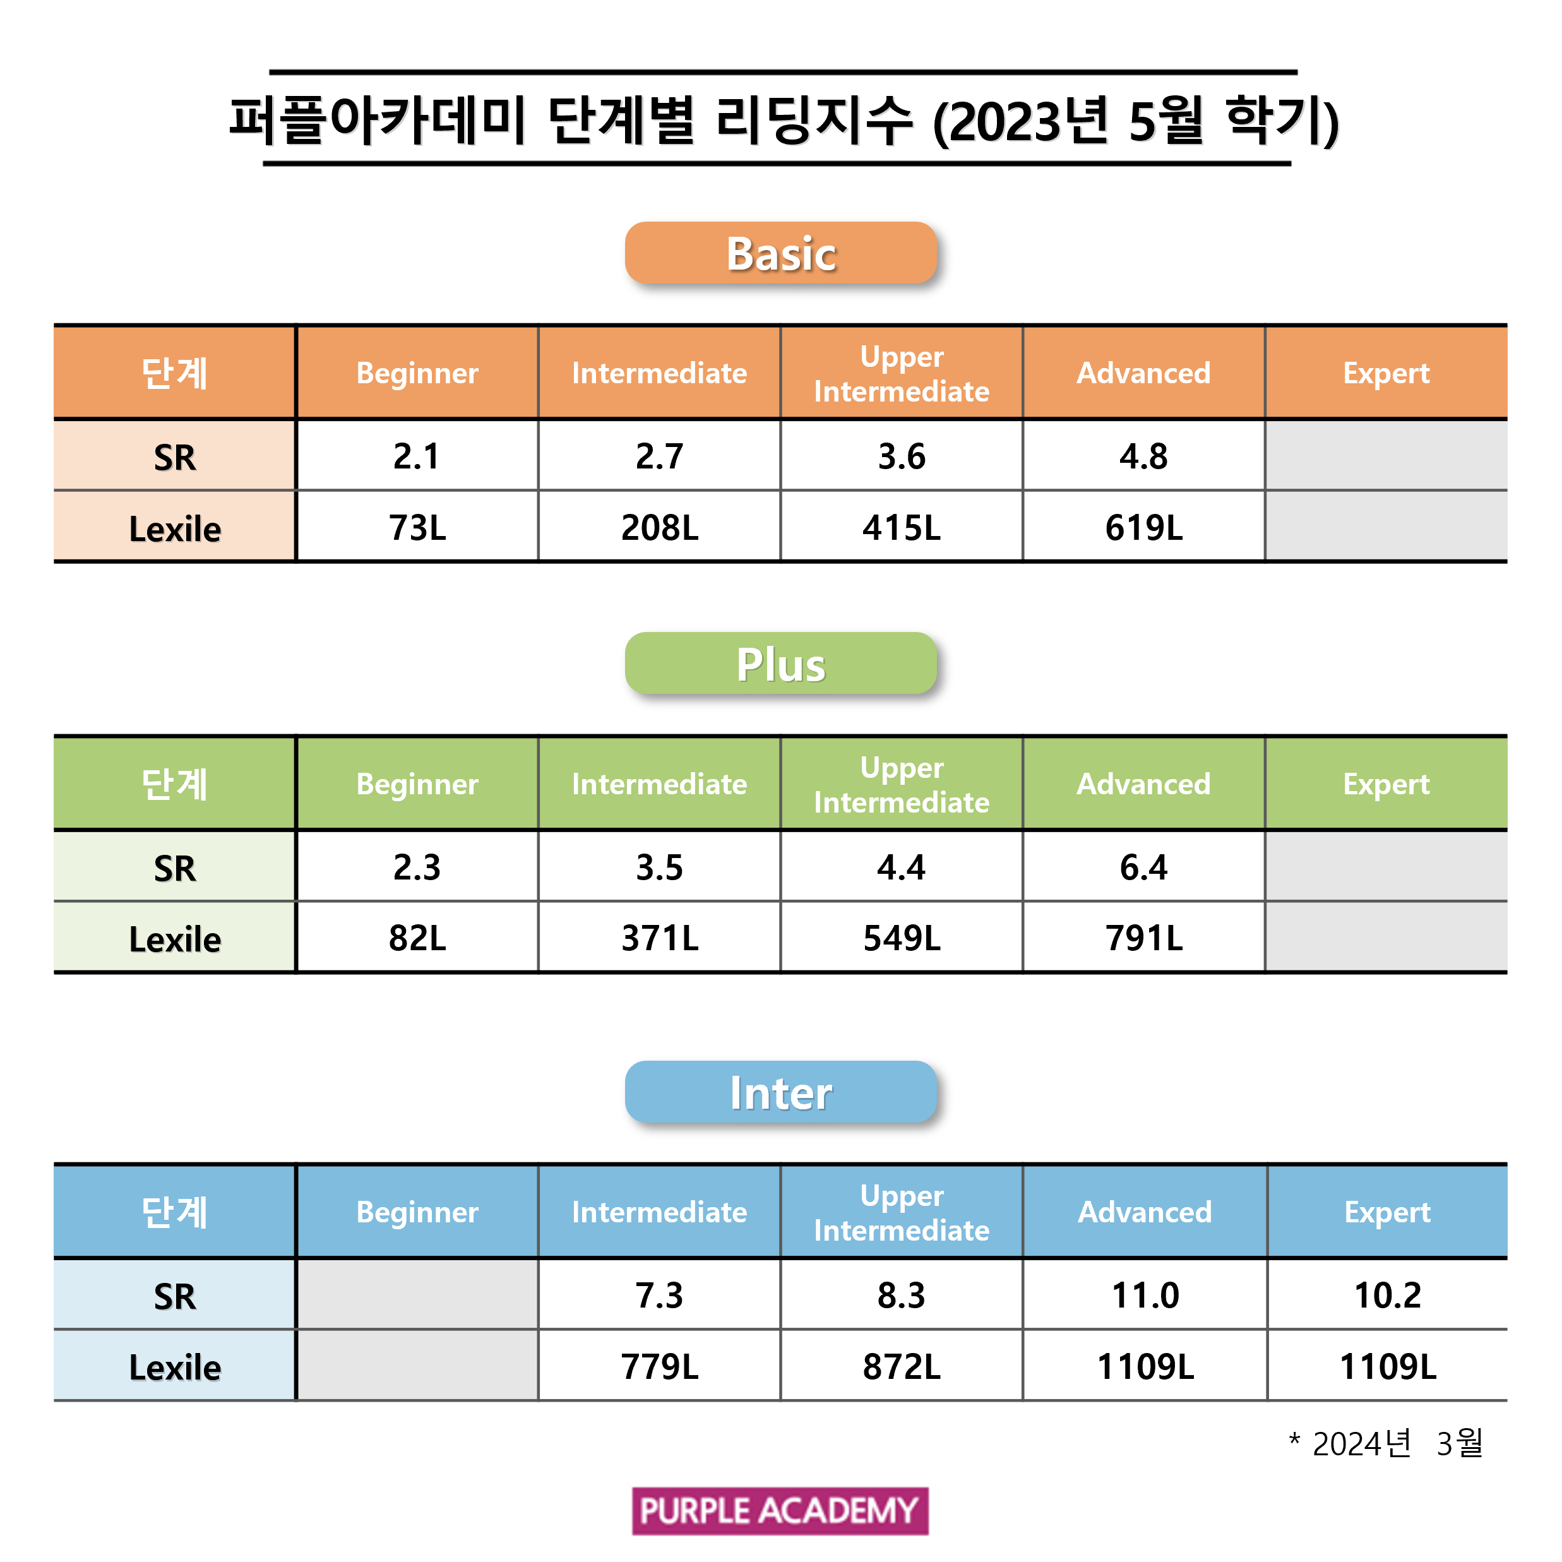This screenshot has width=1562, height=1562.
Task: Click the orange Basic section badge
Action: coord(780,253)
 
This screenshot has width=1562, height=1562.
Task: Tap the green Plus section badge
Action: coord(780,664)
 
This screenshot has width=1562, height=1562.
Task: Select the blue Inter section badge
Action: coord(780,1092)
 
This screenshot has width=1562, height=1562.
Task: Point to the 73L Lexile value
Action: coord(417,527)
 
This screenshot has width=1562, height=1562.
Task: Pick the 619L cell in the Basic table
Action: coord(1143,527)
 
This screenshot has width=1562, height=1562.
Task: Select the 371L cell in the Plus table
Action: coord(659,938)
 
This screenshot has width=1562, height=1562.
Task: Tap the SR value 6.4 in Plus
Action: coord(1143,867)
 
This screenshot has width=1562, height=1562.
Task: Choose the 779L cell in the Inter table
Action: coord(659,1366)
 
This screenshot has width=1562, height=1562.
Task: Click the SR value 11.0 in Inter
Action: coord(1145,1295)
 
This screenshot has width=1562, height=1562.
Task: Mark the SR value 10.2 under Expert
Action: coord(1387,1295)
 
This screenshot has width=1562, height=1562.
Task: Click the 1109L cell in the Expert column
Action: coord(1387,1366)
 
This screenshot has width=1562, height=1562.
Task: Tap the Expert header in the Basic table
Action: coord(1386,373)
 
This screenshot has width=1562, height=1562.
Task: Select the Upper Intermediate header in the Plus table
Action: coord(902,784)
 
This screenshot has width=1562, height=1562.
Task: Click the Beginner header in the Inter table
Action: coord(417,1212)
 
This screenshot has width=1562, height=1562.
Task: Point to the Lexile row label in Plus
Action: coord(175,939)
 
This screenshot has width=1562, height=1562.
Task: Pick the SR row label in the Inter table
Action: coord(175,1297)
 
